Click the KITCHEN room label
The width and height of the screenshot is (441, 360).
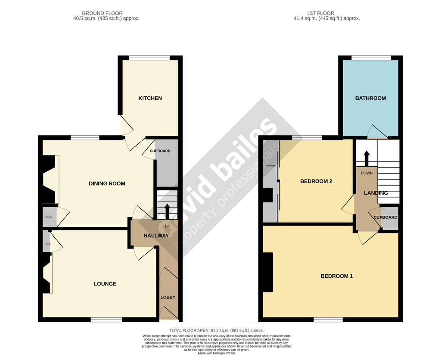150,98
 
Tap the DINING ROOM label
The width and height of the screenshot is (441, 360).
107,183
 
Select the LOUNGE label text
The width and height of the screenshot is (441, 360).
105,284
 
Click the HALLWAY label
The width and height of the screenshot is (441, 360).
156,236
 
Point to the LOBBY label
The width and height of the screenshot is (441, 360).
168,298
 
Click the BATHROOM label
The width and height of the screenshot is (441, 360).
370,98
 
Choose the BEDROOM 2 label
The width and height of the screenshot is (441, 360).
316,181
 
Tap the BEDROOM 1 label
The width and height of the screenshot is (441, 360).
337,276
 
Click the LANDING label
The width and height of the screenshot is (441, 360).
376,193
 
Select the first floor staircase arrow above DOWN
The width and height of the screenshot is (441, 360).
366,158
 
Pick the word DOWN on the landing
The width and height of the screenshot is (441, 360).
366,173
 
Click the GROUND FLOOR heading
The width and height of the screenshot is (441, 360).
102,13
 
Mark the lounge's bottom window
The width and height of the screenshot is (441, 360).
106,320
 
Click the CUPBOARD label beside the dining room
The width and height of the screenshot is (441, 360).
160,151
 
